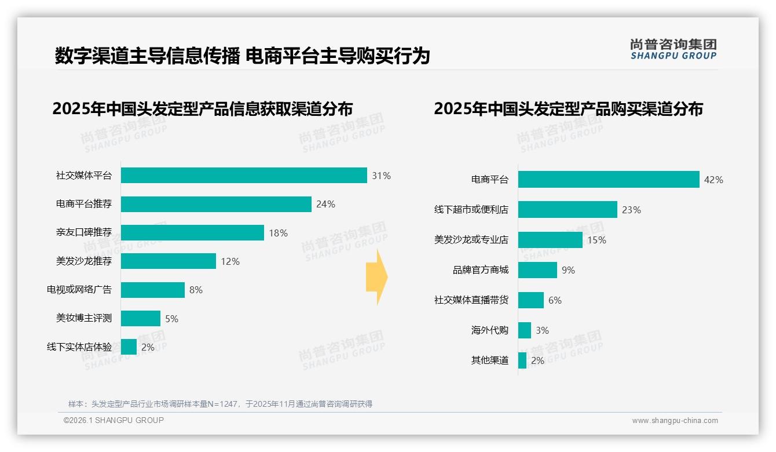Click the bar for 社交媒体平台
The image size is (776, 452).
(x=244, y=176)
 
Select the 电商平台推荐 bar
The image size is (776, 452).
(x=216, y=204)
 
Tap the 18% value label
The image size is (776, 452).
(x=278, y=233)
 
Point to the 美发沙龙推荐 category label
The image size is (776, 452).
(x=84, y=261)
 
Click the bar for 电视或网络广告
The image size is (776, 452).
(x=153, y=290)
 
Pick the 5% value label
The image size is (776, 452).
(x=171, y=319)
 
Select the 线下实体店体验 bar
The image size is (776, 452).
(x=129, y=347)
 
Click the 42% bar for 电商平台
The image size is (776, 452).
(x=609, y=180)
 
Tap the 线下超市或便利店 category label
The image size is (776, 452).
(x=471, y=210)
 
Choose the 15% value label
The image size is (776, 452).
(x=596, y=240)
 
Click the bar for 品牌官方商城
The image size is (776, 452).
(x=537, y=270)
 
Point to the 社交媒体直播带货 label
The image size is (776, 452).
(x=471, y=300)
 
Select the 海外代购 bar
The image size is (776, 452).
(x=525, y=330)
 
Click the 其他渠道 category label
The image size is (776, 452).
(x=490, y=360)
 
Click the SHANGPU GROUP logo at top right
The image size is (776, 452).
(x=673, y=49)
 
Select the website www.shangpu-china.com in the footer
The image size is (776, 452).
(x=675, y=421)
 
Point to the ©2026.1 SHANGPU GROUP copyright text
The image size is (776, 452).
(x=114, y=420)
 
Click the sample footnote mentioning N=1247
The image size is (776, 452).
(x=220, y=404)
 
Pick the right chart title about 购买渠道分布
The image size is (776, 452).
(x=568, y=109)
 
